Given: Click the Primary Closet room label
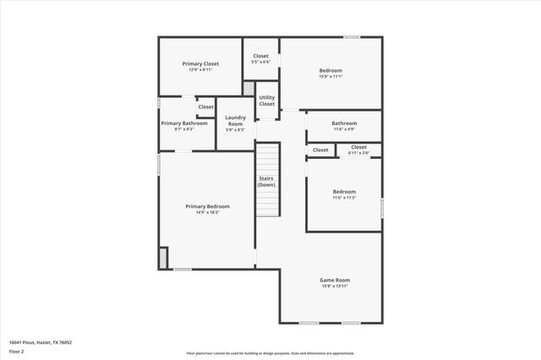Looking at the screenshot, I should (x=200, y=63).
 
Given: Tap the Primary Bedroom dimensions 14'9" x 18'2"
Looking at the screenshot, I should (x=207, y=212).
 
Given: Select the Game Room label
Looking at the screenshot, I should (x=335, y=280).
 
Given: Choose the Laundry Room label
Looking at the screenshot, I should (x=235, y=121).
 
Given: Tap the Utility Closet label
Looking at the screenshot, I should (x=267, y=101).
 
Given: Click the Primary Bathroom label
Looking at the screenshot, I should (x=184, y=123).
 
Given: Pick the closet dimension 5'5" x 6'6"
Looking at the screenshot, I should (x=261, y=62).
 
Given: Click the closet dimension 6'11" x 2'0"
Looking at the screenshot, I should (x=359, y=153).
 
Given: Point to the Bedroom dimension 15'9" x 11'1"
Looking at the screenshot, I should (x=331, y=76).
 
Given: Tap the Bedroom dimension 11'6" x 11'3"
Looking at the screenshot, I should (x=344, y=198).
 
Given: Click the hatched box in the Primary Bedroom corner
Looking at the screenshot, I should (x=163, y=258).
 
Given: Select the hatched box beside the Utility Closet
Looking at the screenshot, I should (x=249, y=88).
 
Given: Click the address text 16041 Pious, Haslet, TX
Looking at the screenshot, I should (x=41, y=342).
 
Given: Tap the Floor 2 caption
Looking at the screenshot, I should (x=17, y=352).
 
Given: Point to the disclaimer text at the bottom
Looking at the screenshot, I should (x=270, y=352).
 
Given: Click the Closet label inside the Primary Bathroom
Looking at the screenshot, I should (x=206, y=107).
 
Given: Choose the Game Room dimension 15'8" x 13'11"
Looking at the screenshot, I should (x=335, y=286).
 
